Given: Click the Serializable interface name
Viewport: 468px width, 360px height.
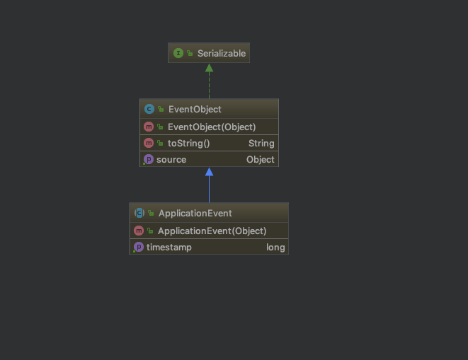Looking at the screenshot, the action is (222, 53).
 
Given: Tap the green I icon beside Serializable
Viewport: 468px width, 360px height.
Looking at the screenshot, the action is (178, 53).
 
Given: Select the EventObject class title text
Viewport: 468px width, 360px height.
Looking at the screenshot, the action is (195, 109).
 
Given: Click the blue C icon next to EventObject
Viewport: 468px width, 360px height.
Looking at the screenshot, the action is (149, 109).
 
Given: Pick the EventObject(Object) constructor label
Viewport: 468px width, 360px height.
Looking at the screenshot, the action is (212, 127).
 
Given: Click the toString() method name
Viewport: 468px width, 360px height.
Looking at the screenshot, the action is (188, 144).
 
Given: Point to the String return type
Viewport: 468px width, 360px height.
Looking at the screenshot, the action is (261, 144).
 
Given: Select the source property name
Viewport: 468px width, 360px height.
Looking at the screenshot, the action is (171, 160).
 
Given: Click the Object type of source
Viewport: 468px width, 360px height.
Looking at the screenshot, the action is (261, 160).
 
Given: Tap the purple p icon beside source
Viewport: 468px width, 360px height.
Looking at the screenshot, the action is (149, 159).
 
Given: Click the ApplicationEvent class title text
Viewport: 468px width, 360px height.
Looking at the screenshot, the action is (195, 214).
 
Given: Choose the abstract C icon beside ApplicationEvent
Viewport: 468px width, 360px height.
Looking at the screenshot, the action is (139, 213).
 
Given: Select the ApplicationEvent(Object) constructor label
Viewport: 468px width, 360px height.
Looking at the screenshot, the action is (212, 231).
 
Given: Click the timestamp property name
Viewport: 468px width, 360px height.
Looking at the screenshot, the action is (169, 248).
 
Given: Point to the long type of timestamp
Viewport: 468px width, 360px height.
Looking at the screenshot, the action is (275, 248).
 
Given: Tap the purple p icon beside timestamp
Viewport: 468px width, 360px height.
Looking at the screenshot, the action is (139, 247).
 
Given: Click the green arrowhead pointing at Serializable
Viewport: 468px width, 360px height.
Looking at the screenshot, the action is (210, 68).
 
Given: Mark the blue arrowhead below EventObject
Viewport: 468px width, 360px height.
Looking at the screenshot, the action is (210, 172).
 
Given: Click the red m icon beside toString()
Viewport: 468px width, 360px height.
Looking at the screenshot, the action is (149, 143).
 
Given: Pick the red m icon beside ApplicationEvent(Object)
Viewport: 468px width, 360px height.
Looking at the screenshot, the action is (139, 231).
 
